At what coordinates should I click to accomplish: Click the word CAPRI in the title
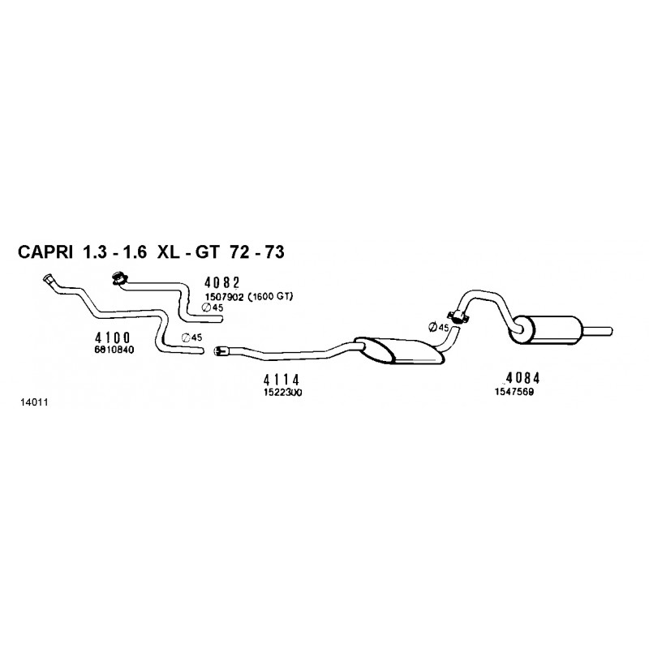point(45,252)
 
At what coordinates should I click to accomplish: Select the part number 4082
point(222,282)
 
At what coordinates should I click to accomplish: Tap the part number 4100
point(113,338)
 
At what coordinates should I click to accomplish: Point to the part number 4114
point(282,380)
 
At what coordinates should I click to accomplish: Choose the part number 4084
point(523,378)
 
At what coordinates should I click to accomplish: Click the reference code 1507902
point(225,297)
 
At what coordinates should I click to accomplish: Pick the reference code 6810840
point(114,350)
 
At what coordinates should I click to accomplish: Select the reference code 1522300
point(283,392)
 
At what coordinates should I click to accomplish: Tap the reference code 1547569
point(514,392)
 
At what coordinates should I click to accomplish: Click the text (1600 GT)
point(270,296)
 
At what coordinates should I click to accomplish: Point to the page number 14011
point(34,402)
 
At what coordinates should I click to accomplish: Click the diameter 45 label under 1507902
point(213,307)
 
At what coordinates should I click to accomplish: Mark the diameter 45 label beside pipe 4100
point(192,337)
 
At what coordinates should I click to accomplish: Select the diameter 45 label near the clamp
point(439,327)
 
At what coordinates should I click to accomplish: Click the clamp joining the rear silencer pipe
point(459,316)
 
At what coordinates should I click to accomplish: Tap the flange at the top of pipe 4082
point(118,278)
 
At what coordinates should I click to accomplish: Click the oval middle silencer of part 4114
point(400,351)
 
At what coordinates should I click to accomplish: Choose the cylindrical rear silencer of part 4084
point(544,329)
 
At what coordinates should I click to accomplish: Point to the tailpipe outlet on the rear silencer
point(596,331)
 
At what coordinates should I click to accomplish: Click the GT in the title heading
point(207,252)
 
